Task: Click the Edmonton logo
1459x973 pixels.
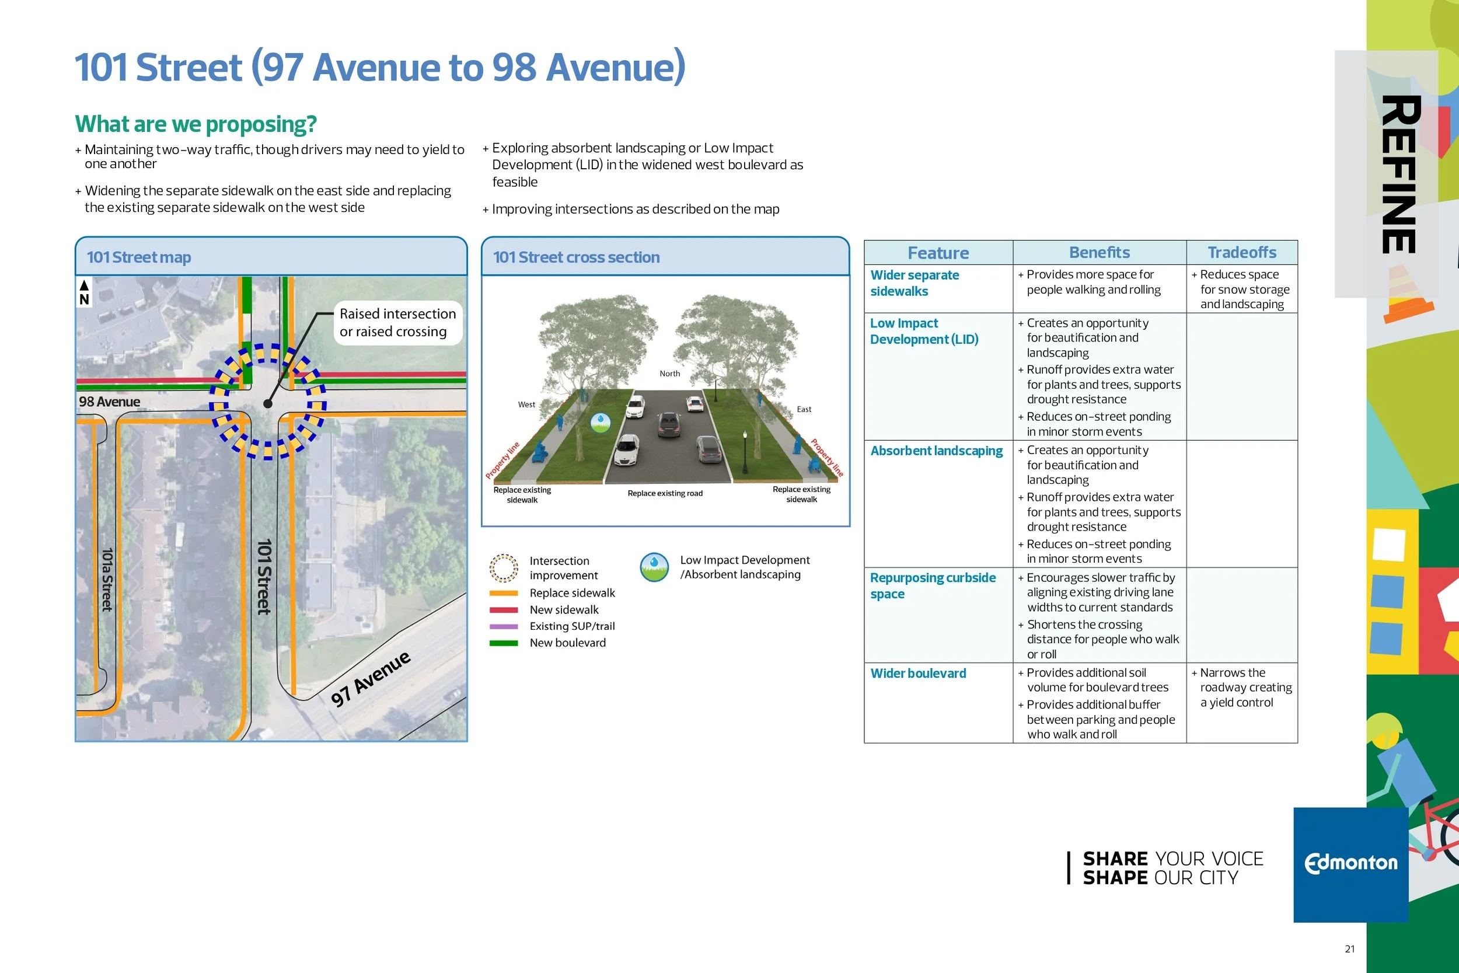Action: [x=1350, y=863]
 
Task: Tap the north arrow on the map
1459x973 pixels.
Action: [x=83, y=292]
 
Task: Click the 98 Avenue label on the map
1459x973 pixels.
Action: [x=109, y=402]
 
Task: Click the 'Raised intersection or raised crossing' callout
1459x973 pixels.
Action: [x=397, y=322]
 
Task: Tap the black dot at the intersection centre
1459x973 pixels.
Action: [x=268, y=403]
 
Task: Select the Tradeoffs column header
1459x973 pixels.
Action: [x=1241, y=253]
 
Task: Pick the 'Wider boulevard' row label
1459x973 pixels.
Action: [x=917, y=674]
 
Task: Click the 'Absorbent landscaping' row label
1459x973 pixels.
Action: [x=936, y=451]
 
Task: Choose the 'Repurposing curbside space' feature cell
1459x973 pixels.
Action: [x=933, y=585]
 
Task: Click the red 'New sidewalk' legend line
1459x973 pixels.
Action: [x=503, y=610]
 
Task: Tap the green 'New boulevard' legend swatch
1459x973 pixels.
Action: [x=503, y=643]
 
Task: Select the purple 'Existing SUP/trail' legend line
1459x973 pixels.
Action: [x=503, y=626]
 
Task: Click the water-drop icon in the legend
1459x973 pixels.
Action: [x=654, y=567]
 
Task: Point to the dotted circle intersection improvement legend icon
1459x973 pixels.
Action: [x=504, y=568]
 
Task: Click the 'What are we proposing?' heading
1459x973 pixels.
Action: [x=196, y=124]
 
